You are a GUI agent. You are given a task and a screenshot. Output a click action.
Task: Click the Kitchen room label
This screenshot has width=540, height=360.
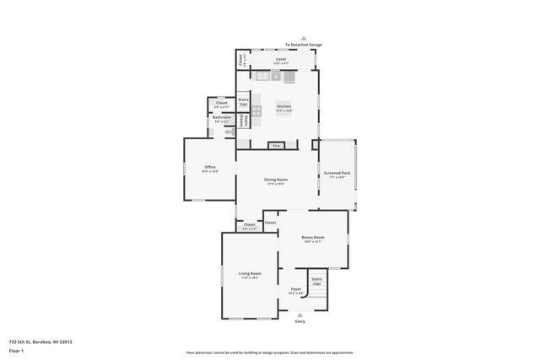click(283, 107)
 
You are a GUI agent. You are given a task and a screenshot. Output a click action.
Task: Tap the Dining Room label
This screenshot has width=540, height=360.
click(277, 180)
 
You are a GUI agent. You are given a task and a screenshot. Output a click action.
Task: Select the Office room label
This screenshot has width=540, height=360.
click(210, 168)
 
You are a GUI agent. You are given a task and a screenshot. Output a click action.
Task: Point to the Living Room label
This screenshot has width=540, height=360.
click(249, 274)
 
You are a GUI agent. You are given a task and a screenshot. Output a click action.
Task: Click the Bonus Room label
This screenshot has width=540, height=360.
click(313, 238)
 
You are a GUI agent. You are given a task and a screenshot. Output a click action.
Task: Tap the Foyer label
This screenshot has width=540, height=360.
click(296, 289)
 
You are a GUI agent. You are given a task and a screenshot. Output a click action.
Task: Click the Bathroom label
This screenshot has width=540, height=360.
click(220, 117)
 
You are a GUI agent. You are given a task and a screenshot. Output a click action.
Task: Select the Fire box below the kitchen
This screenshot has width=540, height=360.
click(275, 146)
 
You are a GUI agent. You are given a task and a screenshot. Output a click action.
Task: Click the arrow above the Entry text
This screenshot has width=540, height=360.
click(300, 315)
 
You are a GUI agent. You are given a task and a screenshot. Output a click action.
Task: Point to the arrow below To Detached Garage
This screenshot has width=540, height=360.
click(303, 38)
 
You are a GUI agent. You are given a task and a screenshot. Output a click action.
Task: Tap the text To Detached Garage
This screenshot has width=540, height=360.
click(303, 45)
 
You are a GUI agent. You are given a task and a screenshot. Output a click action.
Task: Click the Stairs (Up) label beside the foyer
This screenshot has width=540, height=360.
click(316, 281)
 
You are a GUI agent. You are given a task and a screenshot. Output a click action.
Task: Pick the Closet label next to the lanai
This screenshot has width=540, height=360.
click(241, 60)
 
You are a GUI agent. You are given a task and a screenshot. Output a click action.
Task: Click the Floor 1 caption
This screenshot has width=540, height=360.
click(16, 350)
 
